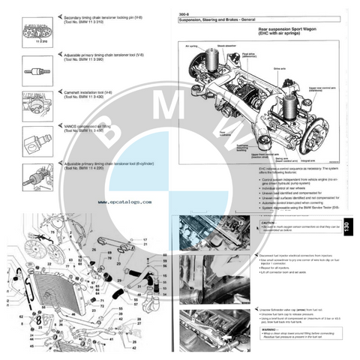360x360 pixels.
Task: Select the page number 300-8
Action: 181,13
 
